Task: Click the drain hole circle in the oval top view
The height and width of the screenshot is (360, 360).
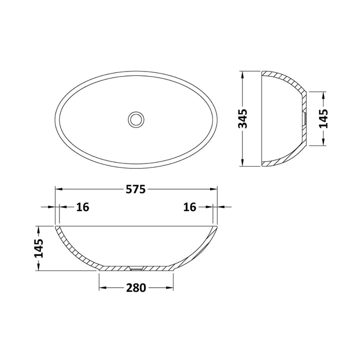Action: (x=135, y=119)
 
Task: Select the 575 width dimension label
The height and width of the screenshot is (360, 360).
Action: (x=135, y=189)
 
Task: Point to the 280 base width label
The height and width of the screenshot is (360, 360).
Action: (x=136, y=288)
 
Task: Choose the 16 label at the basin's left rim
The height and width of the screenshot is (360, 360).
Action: (x=82, y=207)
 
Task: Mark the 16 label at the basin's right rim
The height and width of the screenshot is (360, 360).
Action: (x=189, y=207)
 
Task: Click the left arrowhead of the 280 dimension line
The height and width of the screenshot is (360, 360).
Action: (x=102, y=288)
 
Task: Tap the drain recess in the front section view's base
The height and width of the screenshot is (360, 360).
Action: (x=135, y=268)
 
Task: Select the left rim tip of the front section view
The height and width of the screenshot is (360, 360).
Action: (x=56, y=227)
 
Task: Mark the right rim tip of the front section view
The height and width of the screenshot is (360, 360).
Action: (x=216, y=227)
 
